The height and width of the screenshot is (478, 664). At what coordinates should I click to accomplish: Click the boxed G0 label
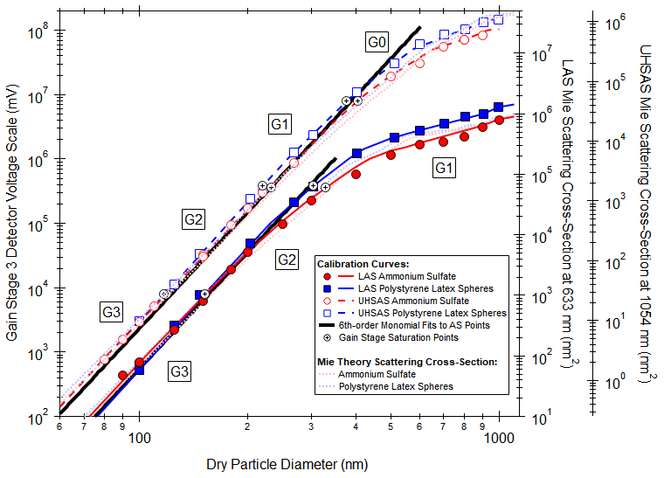[x=377, y=41]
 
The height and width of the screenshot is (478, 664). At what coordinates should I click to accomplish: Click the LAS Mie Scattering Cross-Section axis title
[x=567, y=218]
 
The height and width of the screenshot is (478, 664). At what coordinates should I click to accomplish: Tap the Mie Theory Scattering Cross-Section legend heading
[x=407, y=361]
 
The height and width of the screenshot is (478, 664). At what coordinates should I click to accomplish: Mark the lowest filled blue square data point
[x=140, y=370]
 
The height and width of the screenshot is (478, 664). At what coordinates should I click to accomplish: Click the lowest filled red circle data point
[x=123, y=376]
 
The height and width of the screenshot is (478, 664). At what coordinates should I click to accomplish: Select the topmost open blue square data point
[x=499, y=19]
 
